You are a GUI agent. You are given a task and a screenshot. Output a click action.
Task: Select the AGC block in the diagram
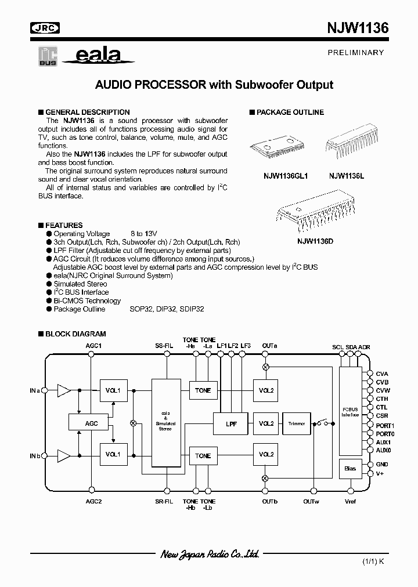coord(91,423)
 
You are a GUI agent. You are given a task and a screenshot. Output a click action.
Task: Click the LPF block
coord(231,423)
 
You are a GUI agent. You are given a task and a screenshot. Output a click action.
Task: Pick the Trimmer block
coord(296,423)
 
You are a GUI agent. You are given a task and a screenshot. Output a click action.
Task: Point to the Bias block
coord(350,468)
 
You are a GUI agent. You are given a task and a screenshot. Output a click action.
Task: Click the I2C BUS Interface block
coord(350,412)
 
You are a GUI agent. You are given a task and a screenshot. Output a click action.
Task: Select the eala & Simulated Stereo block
coord(165,423)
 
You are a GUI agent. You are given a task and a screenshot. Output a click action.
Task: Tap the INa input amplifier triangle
coord(63,390)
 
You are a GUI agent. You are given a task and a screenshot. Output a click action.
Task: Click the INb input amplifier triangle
coord(63,455)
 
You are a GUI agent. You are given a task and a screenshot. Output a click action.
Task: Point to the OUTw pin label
coord(311,501)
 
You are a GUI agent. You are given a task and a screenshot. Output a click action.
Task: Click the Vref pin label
coord(350,501)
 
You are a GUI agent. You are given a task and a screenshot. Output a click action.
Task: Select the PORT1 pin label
coord(384,425)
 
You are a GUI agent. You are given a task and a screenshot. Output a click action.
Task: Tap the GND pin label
coord(381,465)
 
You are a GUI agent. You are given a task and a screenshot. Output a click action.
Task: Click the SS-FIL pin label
coord(164,346)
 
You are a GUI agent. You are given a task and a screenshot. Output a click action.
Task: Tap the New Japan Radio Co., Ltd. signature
coord(209,555)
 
